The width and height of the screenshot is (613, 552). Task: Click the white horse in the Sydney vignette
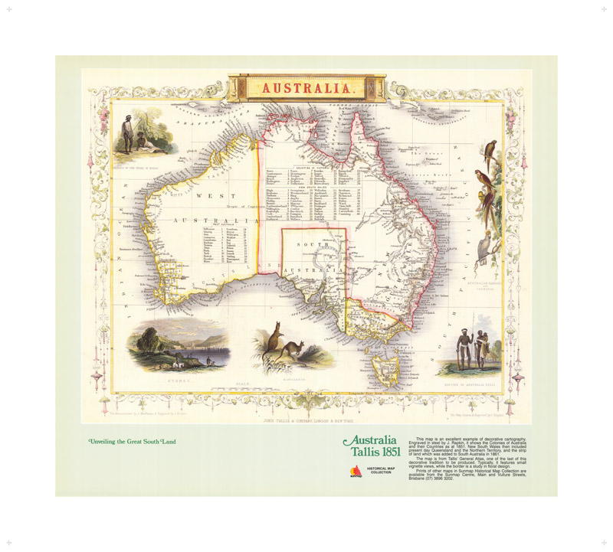click(177, 357)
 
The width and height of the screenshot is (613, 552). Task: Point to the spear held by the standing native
click(461, 353)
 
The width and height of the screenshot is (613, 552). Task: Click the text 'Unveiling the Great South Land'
click(138, 443)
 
